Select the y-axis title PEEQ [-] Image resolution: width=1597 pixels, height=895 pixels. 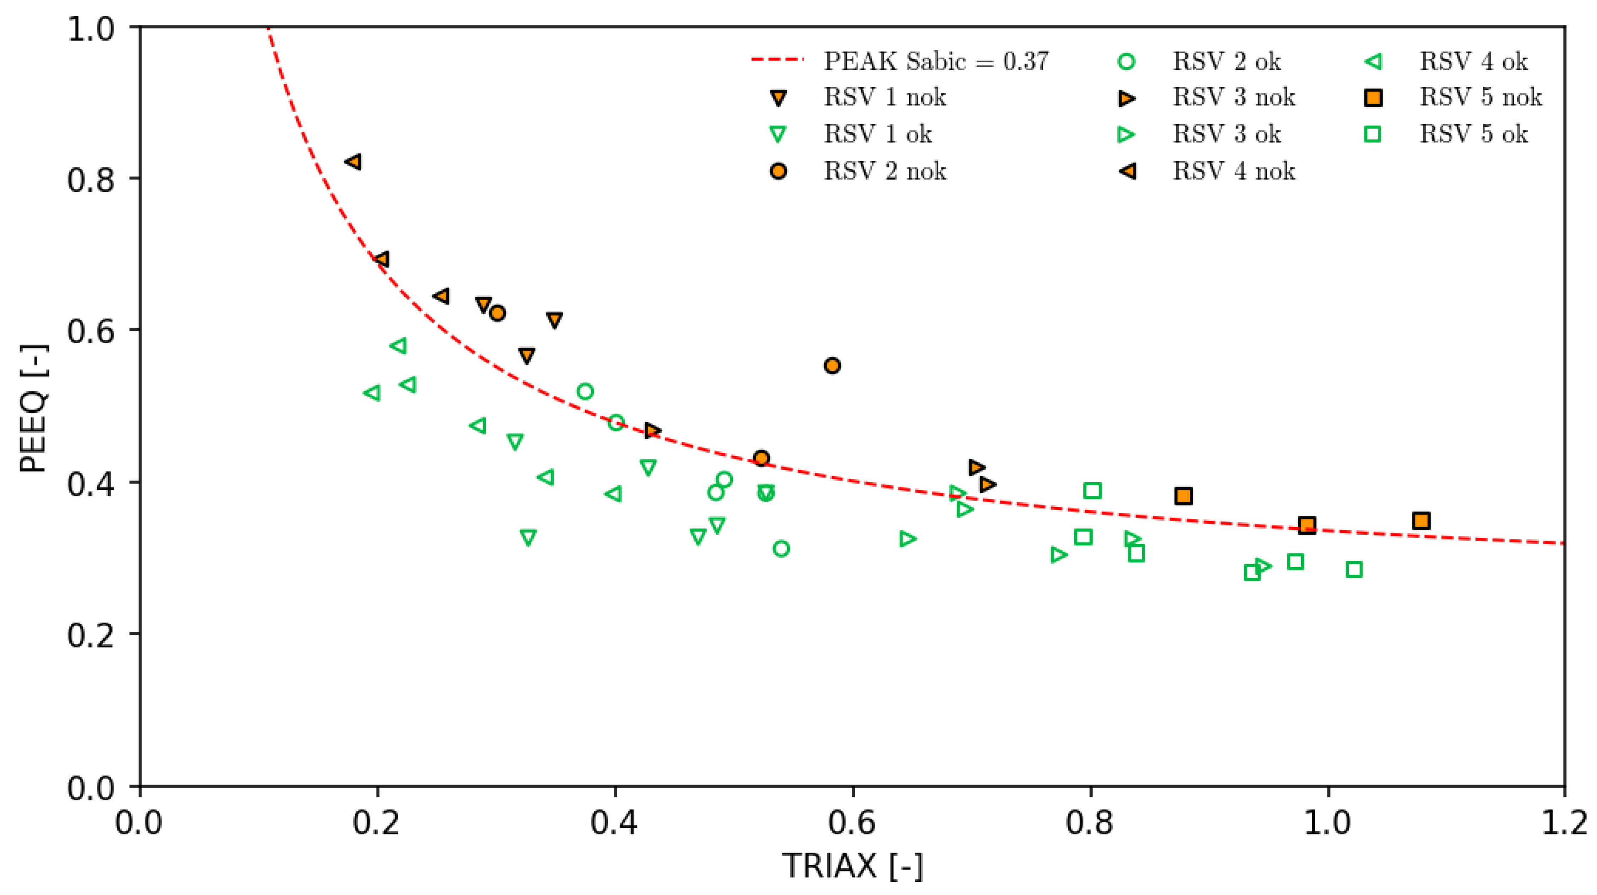point(32,408)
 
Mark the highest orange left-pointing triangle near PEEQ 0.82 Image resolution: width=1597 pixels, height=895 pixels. point(353,162)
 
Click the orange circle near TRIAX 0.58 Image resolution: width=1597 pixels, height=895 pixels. point(832,365)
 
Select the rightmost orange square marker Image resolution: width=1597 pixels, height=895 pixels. point(1421,520)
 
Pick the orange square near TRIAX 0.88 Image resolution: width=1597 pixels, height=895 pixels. point(1183,495)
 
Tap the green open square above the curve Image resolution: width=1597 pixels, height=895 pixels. point(1092,491)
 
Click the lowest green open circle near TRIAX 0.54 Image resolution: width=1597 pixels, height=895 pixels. point(781,548)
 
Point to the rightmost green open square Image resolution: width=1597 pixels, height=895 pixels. point(1354,569)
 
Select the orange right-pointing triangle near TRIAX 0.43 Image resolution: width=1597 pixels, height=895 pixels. point(651,430)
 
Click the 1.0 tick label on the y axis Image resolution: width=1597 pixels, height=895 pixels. point(91,29)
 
